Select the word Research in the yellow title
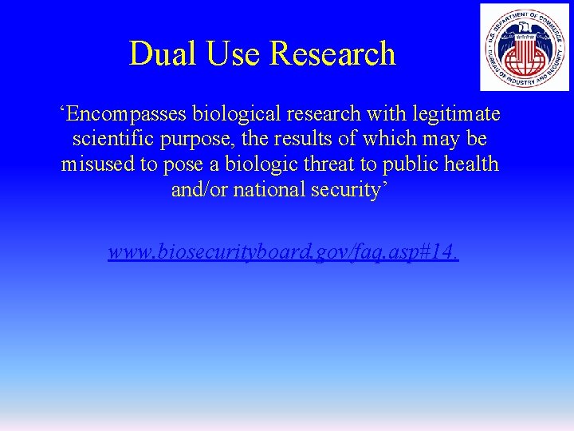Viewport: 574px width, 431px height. [x=332, y=53]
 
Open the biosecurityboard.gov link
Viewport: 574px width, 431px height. [x=283, y=253]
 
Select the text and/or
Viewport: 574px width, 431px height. [x=199, y=191]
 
